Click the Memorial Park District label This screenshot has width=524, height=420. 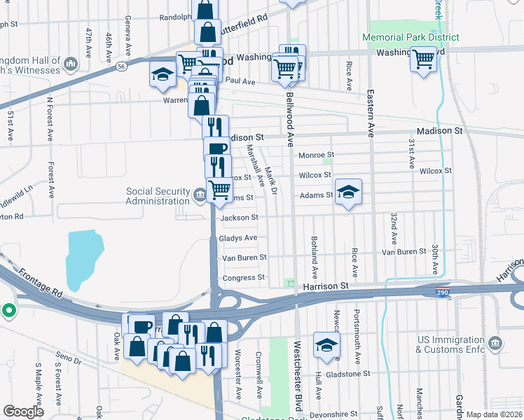click(x=411, y=37)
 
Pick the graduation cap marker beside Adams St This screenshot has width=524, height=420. click(x=347, y=193)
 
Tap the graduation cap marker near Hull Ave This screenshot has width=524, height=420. click(x=326, y=344)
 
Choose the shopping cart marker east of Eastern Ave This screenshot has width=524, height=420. click(x=424, y=59)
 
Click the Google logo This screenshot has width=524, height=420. click(x=23, y=412)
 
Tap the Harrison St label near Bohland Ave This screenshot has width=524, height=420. click(x=326, y=286)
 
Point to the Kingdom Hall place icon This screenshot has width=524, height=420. click(x=69, y=65)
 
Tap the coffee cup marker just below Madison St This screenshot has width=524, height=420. click(x=216, y=148)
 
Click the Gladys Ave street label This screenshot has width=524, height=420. click(x=238, y=238)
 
